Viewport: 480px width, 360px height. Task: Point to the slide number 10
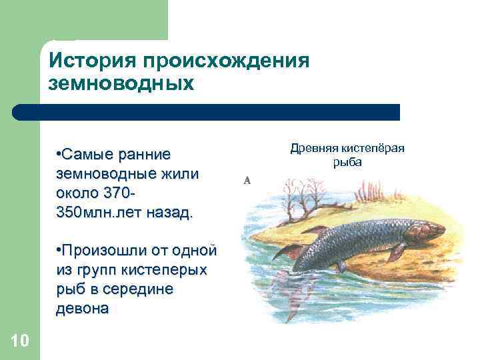point(20,341)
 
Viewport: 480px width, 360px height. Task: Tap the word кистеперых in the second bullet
point(165,271)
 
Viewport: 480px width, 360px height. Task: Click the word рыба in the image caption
point(347,162)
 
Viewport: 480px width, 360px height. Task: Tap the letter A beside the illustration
point(247,180)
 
